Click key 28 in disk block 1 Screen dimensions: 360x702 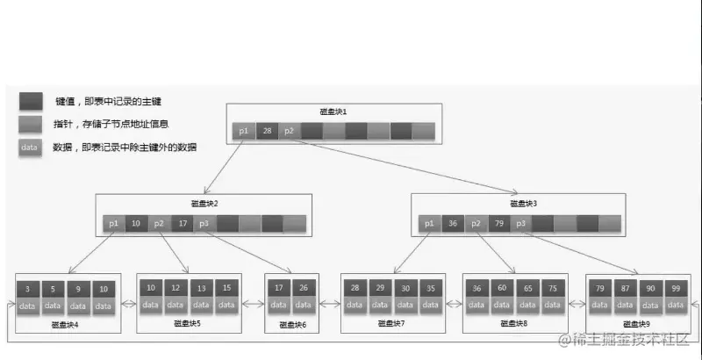pos(267,131)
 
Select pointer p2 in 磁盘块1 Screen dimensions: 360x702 pos(290,131)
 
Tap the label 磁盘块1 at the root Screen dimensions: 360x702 pos(333,112)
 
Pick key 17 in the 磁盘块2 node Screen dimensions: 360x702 pos(182,224)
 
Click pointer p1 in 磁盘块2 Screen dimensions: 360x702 pos(113,224)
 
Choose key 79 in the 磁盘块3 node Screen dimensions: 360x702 pos(498,224)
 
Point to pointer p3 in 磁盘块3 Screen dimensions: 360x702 pos(520,224)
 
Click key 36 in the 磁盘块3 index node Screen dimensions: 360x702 pos(452,224)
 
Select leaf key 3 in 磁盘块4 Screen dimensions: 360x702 pos(28,288)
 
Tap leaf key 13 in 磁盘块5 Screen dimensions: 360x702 pos(202,288)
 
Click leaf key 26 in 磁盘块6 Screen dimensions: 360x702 pos(304,288)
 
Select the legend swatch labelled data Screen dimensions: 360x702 pos(29,148)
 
